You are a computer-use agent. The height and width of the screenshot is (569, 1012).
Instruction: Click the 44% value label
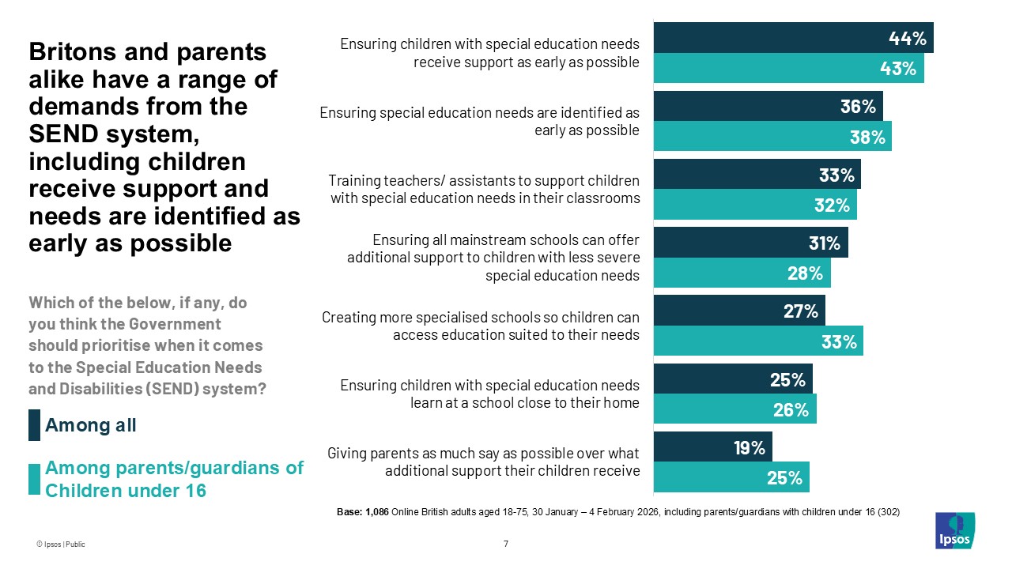(x=908, y=38)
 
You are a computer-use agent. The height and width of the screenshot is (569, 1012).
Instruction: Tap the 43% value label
(x=898, y=69)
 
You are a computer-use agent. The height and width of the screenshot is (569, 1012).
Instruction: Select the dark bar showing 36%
(x=767, y=106)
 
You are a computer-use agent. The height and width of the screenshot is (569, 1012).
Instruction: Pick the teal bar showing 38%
(x=772, y=137)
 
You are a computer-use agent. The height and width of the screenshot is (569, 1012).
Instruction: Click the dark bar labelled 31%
(x=750, y=243)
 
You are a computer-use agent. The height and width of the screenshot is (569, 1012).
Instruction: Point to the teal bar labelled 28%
(x=742, y=273)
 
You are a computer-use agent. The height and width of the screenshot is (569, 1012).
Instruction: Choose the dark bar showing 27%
(x=738, y=311)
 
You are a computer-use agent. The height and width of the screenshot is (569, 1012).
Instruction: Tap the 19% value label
(x=748, y=448)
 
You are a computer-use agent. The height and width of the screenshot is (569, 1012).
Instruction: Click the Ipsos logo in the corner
(x=954, y=530)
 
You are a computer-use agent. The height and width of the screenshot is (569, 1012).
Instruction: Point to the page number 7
(x=505, y=544)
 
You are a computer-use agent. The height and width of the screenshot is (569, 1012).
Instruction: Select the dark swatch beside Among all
(x=35, y=425)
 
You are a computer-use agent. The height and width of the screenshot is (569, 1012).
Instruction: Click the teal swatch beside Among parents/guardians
(x=35, y=479)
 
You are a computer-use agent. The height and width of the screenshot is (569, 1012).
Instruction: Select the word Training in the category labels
(x=354, y=182)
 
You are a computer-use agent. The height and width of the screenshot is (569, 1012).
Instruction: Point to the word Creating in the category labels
(x=348, y=318)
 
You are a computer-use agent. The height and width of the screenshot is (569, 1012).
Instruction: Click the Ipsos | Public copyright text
(x=60, y=545)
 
